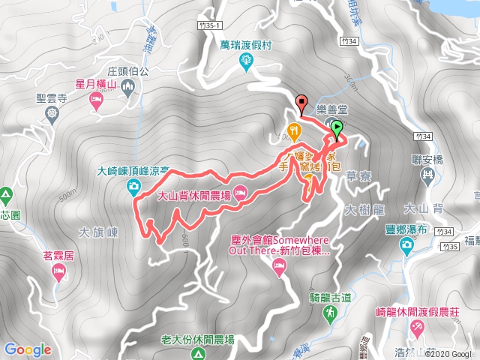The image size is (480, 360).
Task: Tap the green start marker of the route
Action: click(337, 127)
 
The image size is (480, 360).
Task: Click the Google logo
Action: click(27, 349)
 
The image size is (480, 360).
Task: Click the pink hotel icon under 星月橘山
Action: click(96, 100)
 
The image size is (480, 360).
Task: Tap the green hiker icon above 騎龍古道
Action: click(331, 317)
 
